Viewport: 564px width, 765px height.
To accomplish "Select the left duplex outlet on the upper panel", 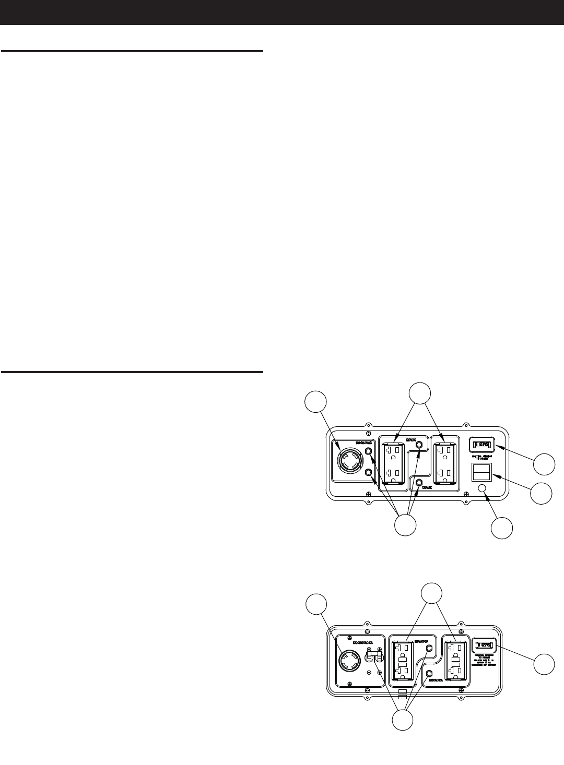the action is point(393,462).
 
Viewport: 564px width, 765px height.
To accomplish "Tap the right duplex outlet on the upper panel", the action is point(445,462).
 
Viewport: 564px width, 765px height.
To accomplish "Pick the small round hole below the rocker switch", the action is point(483,487).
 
